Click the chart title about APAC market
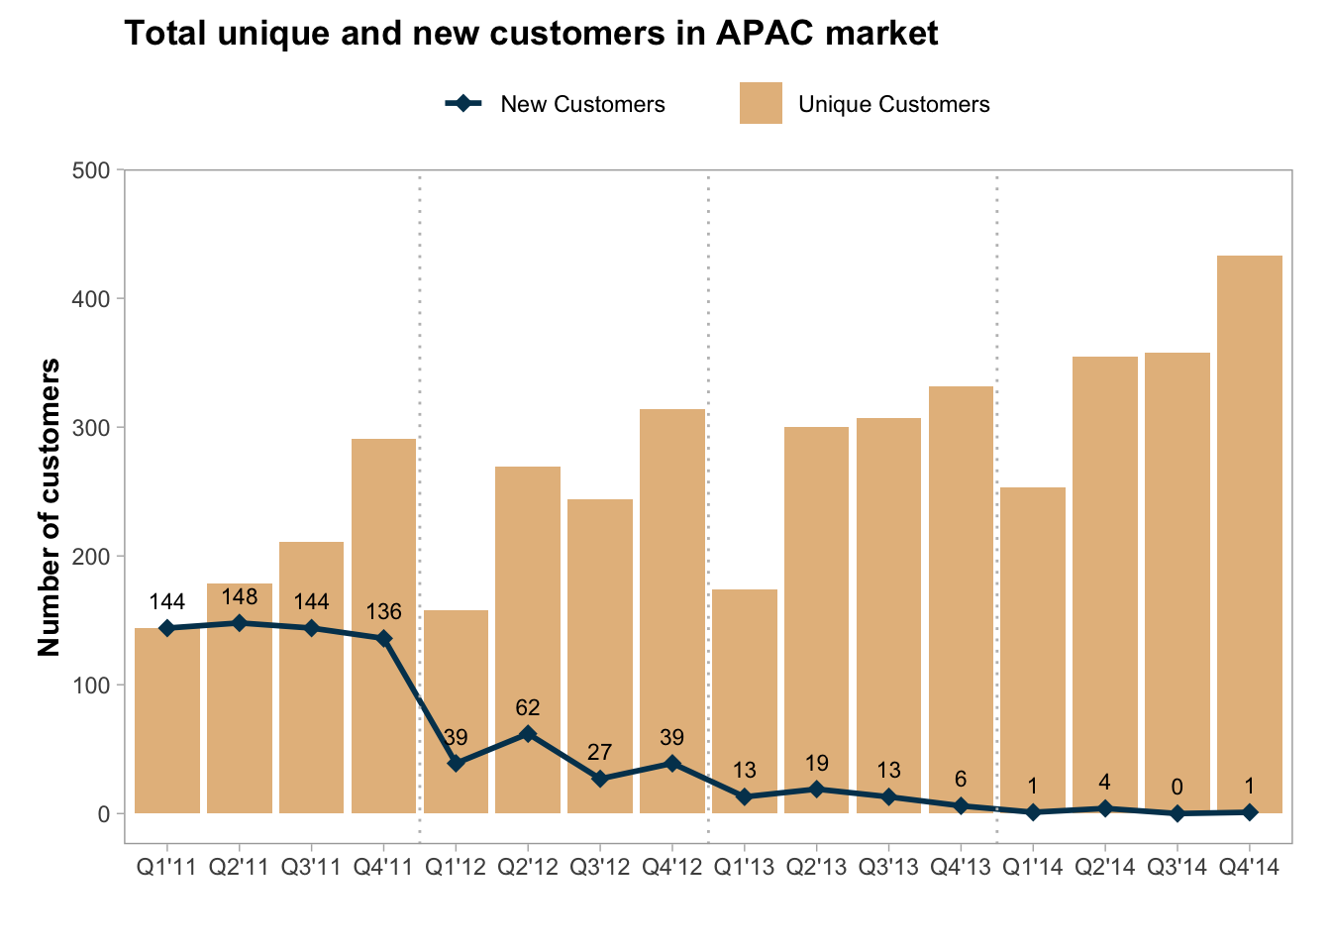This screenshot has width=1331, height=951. click(x=531, y=34)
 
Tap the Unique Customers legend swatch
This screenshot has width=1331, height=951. click(x=761, y=103)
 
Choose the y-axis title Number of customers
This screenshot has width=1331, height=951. click(x=50, y=507)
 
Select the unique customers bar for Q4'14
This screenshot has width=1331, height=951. click(x=1249, y=535)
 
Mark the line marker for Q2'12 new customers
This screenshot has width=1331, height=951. click(x=528, y=734)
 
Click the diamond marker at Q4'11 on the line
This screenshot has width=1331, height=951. click(x=384, y=639)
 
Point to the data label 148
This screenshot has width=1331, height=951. click(x=240, y=596)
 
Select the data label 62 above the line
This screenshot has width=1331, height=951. click(x=528, y=707)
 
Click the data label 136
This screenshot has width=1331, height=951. click(x=384, y=612)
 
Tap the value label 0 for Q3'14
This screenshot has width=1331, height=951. click(x=1177, y=788)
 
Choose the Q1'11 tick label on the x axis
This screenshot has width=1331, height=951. click(x=167, y=868)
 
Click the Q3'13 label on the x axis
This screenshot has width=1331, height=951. click(x=888, y=868)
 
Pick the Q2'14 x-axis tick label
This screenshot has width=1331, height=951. click(x=1104, y=868)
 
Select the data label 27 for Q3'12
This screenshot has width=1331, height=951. click(x=600, y=753)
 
